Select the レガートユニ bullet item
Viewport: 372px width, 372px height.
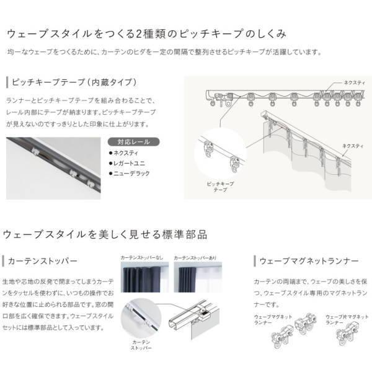128,163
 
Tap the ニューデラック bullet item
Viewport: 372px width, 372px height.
131,174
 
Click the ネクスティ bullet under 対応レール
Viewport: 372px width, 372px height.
126,153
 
